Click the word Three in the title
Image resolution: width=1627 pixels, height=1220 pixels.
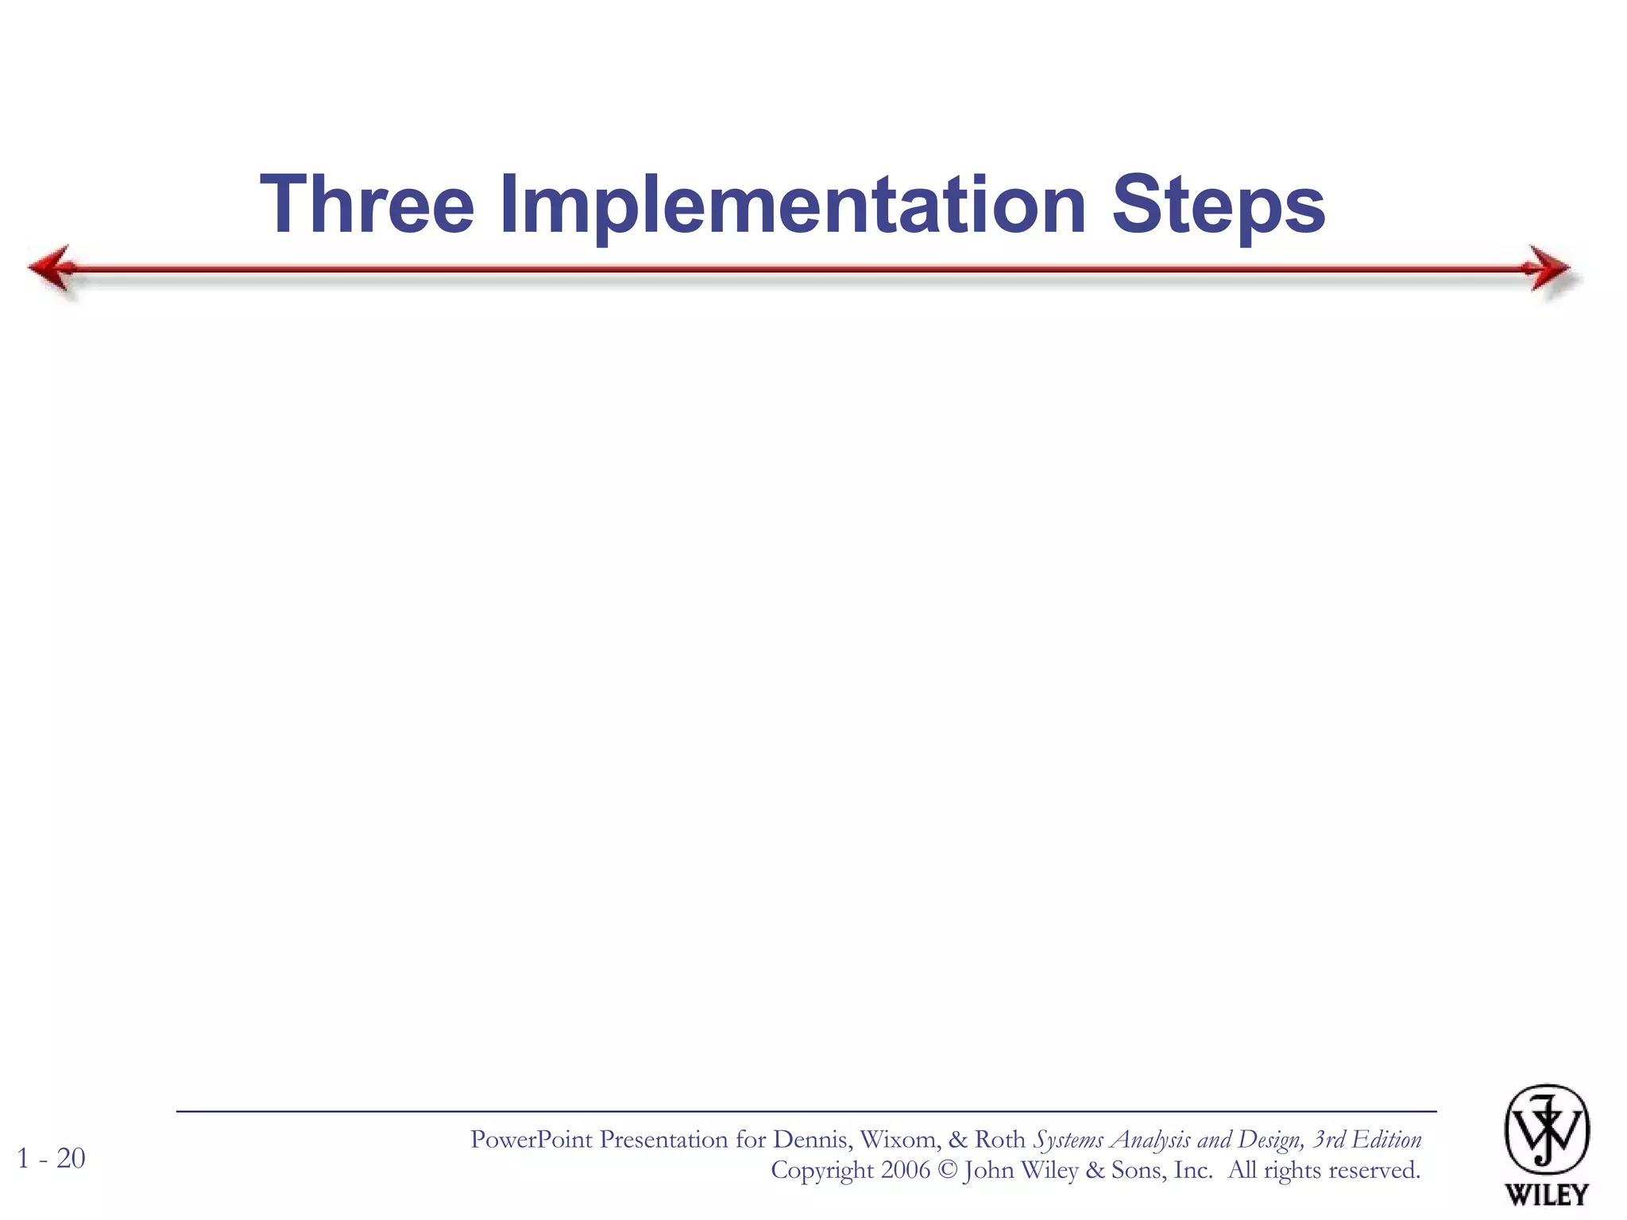coord(367,205)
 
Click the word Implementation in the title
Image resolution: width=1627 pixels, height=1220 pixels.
coord(792,205)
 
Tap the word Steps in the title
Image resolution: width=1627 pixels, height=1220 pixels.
coord(1218,205)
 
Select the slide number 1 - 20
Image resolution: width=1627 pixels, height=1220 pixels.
coord(51,1158)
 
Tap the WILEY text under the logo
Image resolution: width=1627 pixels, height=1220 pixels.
coord(1546,1194)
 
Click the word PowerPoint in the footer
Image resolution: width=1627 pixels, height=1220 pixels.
coord(531,1140)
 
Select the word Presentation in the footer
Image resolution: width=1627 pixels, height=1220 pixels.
coord(664,1140)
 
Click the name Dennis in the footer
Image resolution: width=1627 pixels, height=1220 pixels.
coord(813,1140)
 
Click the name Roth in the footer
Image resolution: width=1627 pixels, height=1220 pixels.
coord(999,1140)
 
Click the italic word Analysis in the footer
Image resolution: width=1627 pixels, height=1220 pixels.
coord(1150,1140)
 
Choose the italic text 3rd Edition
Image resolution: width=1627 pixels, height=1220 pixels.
coord(1366,1140)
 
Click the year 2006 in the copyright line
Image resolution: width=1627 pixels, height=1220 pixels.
coord(905,1170)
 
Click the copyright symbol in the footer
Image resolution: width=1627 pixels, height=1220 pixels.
coord(947,1170)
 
